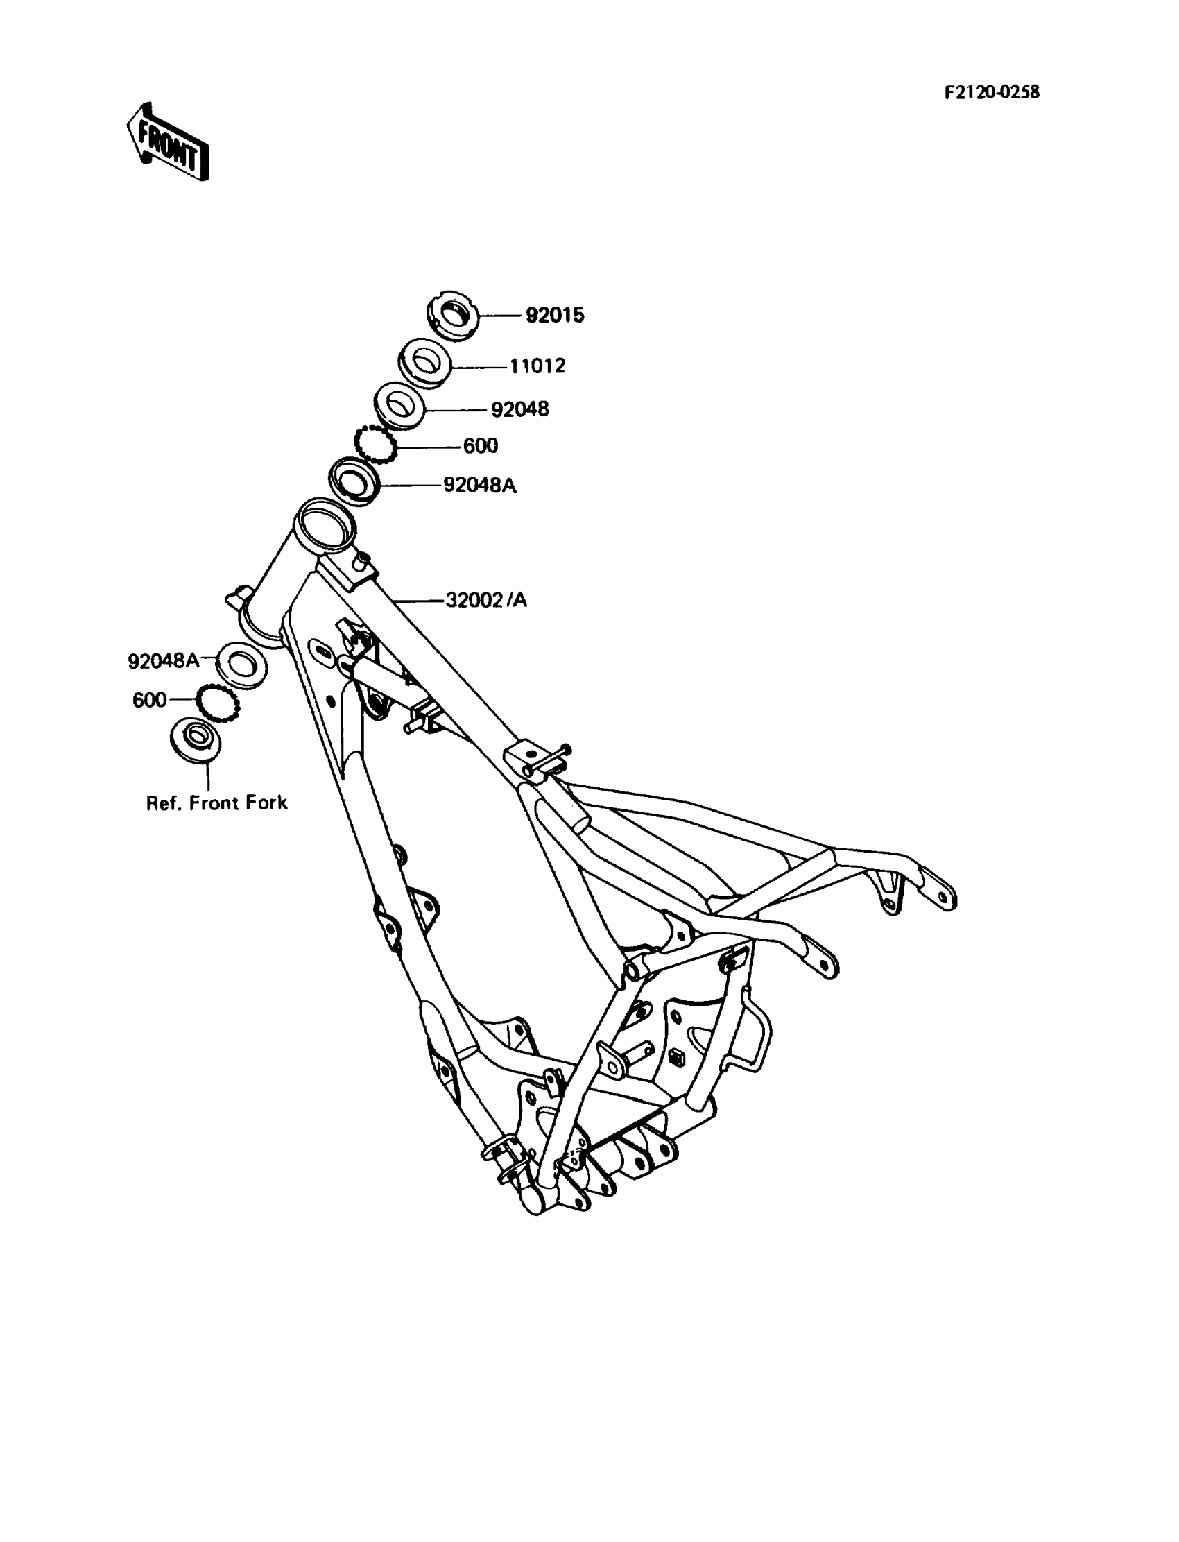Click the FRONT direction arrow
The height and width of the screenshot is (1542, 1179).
tap(169, 143)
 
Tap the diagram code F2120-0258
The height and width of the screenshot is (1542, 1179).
tap(991, 93)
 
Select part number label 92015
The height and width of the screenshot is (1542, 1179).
tap(554, 316)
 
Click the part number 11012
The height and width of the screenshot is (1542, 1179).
tap(537, 366)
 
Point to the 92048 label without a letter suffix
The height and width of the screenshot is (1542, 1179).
tap(519, 409)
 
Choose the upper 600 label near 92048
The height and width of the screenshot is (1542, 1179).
tap(480, 446)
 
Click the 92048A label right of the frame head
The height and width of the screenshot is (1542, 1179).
tap(479, 485)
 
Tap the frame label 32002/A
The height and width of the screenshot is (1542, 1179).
tap(485, 600)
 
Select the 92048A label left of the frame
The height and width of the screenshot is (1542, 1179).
tap(164, 660)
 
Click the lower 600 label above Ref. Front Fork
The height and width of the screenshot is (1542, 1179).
tap(150, 700)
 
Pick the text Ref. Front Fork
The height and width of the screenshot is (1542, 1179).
tap(216, 803)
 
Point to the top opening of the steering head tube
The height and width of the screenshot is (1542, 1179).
tap(323, 522)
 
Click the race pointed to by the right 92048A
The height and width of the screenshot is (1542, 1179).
tap(354, 481)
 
